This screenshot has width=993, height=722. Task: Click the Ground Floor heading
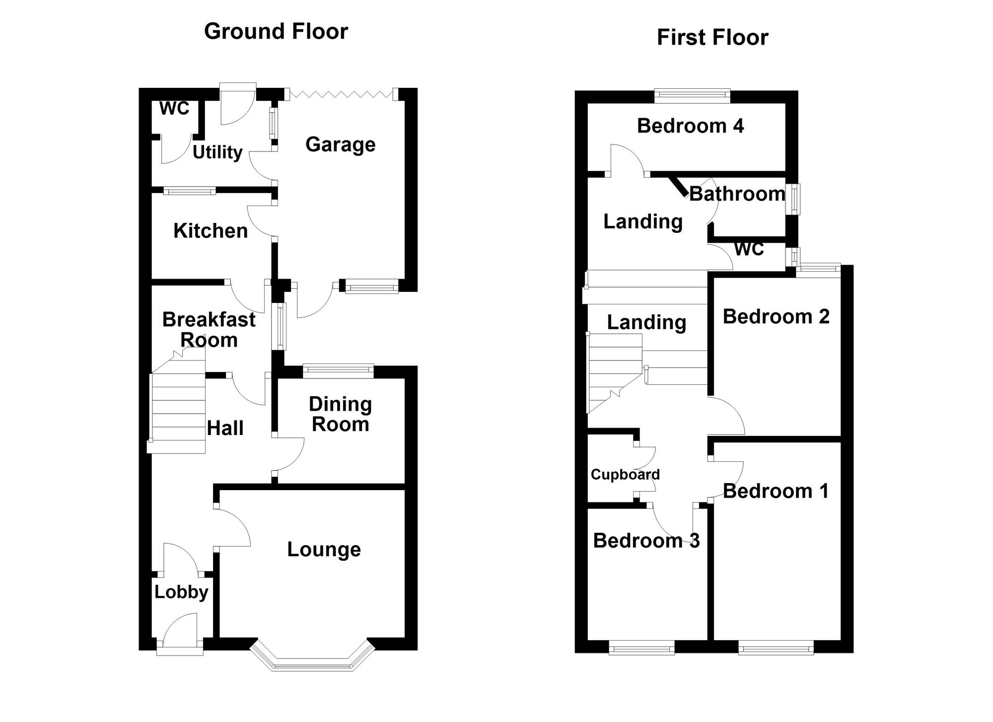click(x=276, y=31)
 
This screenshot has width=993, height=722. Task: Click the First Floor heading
click(x=712, y=38)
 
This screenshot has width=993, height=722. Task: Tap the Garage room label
click(x=341, y=144)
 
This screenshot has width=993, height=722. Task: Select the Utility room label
click(x=217, y=152)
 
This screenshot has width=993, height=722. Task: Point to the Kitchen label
click(x=211, y=231)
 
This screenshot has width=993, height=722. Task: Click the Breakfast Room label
click(x=209, y=330)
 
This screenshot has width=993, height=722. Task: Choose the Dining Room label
click(x=341, y=414)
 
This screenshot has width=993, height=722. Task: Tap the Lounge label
click(x=324, y=549)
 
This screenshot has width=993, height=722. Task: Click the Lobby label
click(x=181, y=592)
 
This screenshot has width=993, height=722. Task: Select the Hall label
click(x=225, y=428)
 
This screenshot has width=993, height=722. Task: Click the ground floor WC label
click(x=174, y=108)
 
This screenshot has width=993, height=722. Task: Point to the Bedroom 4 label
click(x=690, y=126)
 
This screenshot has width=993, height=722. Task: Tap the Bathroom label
click(x=737, y=194)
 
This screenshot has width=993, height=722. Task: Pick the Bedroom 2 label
click(x=776, y=317)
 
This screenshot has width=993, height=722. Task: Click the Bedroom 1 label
click(x=776, y=491)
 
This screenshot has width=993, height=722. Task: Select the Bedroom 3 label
click(x=646, y=540)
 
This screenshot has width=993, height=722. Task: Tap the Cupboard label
click(x=625, y=475)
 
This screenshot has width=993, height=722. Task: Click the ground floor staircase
click(x=178, y=412)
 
